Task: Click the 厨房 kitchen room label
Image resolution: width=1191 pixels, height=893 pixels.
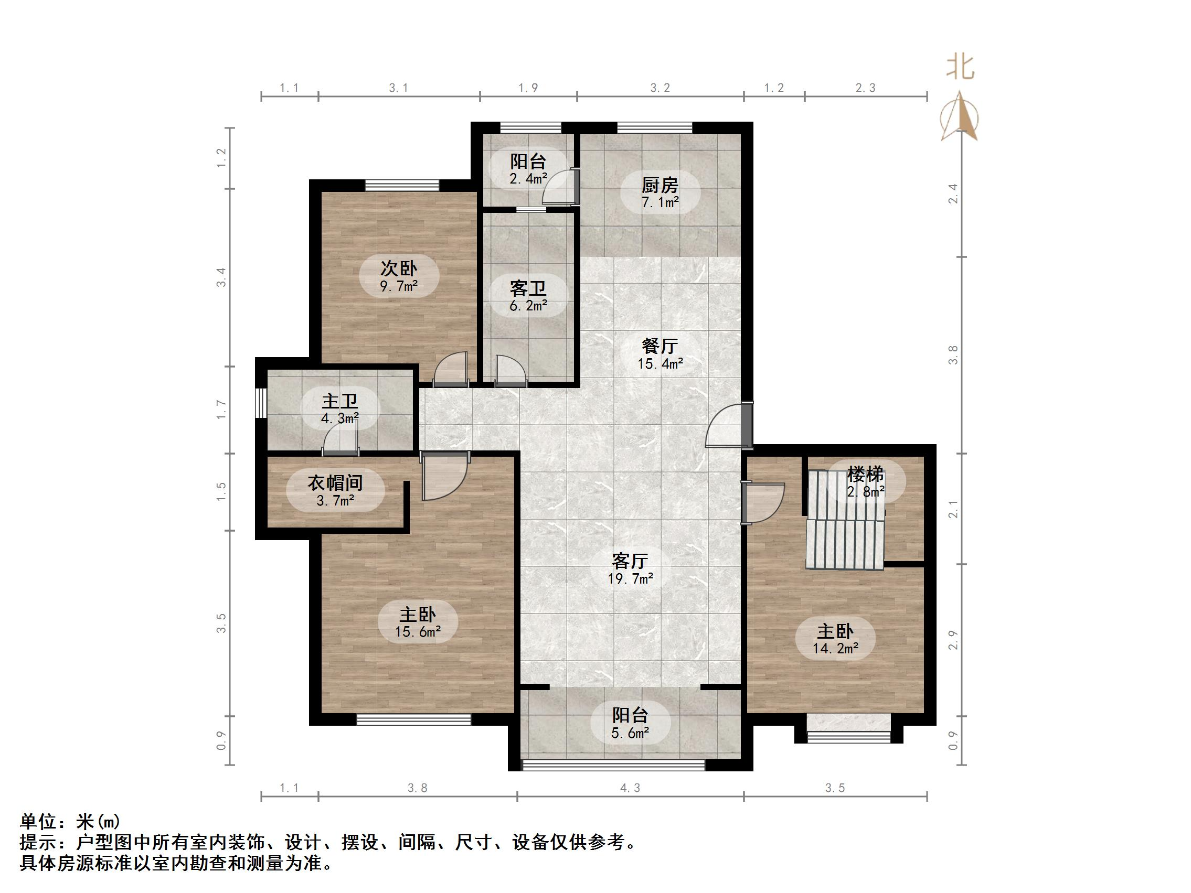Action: tap(660, 192)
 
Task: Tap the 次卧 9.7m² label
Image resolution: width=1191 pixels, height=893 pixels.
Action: tap(399, 276)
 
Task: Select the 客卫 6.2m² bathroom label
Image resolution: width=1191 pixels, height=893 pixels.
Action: tap(528, 296)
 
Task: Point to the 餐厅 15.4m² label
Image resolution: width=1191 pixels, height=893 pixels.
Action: tap(660, 353)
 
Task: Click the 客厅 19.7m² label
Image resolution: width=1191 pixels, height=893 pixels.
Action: tap(630, 569)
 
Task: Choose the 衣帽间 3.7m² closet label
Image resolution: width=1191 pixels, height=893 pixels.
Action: tap(335, 491)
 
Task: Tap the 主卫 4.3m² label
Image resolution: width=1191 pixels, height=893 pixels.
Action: tap(340, 408)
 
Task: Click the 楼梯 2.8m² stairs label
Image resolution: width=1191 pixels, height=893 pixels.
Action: tap(865, 482)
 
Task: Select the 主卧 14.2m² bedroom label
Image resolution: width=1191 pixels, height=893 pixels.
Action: tap(835, 639)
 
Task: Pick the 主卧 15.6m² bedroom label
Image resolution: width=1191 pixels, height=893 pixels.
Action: tap(417, 622)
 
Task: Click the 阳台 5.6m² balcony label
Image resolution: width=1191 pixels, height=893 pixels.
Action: tap(630, 723)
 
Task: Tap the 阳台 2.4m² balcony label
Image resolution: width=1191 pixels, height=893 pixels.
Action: tap(528, 169)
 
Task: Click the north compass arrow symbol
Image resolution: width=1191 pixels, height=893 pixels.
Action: tap(959, 116)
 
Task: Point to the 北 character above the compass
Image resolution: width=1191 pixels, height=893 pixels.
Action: tap(961, 67)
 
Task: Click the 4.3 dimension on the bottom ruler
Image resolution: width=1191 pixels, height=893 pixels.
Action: tap(630, 788)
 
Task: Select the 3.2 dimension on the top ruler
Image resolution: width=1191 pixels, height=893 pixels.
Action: tap(660, 88)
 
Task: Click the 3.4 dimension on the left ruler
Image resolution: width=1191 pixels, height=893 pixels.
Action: tap(221, 277)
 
